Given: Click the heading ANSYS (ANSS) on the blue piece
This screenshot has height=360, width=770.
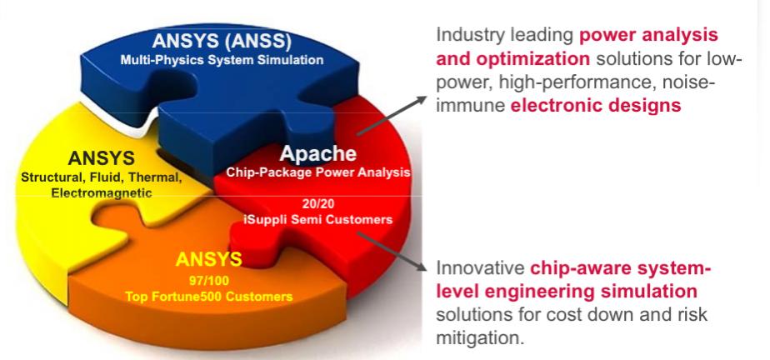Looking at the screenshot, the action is [x=222, y=42].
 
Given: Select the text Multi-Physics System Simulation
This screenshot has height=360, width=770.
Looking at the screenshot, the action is [x=222, y=60].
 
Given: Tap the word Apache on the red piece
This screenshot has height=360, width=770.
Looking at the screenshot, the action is [x=317, y=153].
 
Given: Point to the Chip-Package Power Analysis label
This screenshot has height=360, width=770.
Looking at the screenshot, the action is [x=317, y=172].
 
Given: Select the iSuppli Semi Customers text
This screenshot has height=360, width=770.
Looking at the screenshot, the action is [x=318, y=219].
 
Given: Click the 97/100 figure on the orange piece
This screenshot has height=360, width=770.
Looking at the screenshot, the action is [x=209, y=282].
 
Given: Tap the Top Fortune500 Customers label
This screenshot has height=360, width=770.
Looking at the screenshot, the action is [x=208, y=297].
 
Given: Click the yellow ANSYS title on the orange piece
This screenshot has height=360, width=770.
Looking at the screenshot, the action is [x=208, y=259].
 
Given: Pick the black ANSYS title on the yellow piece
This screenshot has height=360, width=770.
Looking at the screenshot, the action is [x=101, y=158].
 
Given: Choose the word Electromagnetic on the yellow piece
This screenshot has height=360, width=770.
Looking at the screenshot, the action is [x=102, y=193].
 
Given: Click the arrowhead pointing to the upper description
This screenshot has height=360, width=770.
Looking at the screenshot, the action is [x=421, y=100].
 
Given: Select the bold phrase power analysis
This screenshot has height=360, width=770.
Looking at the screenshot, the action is [x=648, y=35].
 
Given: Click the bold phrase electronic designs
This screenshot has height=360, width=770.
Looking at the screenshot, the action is [x=596, y=106].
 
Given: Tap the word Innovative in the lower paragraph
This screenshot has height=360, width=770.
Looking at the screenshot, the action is [x=480, y=268].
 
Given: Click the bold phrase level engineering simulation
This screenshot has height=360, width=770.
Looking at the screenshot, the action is [x=567, y=292].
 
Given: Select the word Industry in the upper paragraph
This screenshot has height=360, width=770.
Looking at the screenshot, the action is [x=470, y=35].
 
